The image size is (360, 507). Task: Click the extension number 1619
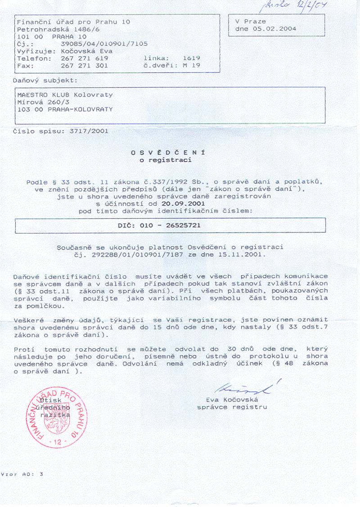pos(191,58)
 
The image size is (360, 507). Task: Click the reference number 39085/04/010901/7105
pos(104,44)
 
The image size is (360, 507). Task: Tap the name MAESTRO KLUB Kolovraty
pos(65,95)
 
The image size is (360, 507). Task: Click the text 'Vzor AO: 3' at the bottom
pos(22,474)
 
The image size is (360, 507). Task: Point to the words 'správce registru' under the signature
pos(232,407)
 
